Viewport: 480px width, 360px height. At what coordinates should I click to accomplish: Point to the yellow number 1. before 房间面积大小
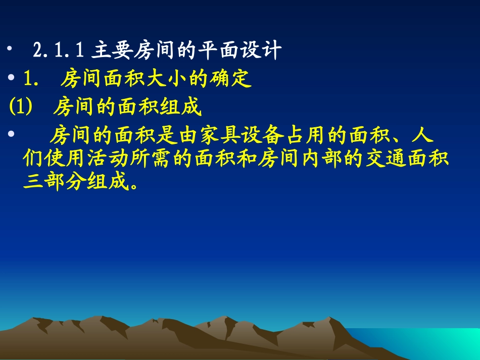(31, 79)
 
